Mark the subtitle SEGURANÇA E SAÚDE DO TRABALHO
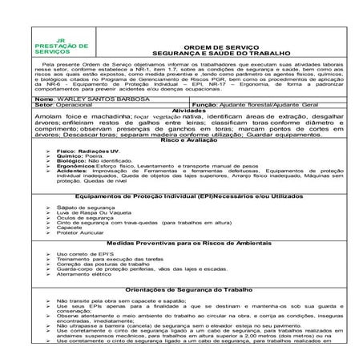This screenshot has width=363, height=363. (x=215, y=54)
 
